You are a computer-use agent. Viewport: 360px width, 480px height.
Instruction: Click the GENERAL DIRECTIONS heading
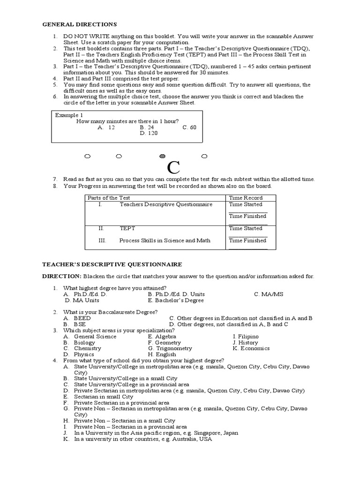click(80, 24)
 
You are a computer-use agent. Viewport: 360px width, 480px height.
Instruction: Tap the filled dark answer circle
click(162, 156)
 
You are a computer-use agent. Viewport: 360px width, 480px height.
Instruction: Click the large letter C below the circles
click(173, 167)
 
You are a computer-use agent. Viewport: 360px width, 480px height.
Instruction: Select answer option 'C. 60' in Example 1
click(189, 127)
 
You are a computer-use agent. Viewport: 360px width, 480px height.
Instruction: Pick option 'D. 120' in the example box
click(149, 133)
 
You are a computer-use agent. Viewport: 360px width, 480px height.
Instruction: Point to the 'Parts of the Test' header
click(109, 198)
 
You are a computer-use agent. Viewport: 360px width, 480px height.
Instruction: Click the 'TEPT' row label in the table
click(127, 228)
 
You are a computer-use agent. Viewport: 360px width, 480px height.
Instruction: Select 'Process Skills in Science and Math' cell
click(165, 240)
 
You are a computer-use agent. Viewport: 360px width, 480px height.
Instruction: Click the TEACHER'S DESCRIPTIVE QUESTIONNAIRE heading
click(112, 264)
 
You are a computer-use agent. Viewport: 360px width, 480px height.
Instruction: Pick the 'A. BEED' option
click(77, 318)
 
